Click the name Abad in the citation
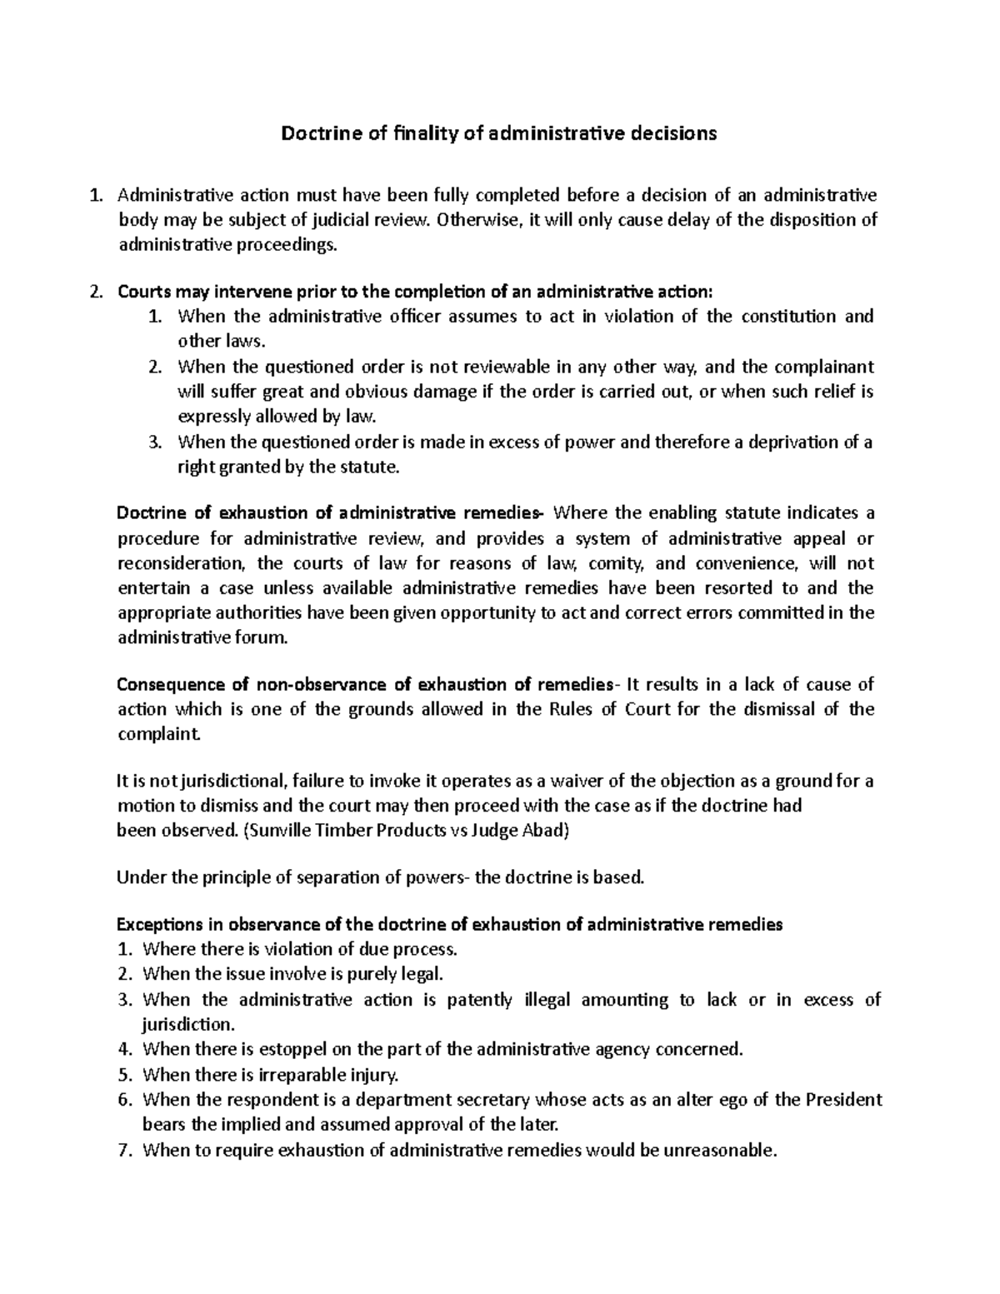click(547, 832)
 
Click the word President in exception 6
click(843, 1100)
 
